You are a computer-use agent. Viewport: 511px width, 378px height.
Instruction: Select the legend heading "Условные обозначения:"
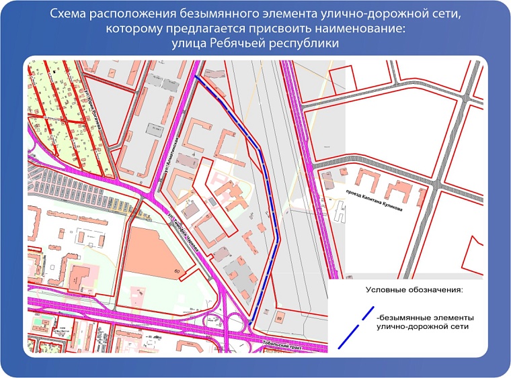[415, 290]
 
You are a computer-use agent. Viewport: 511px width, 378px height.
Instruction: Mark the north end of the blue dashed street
[196, 76]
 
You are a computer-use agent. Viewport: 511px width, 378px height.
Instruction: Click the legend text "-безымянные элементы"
[426, 316]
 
